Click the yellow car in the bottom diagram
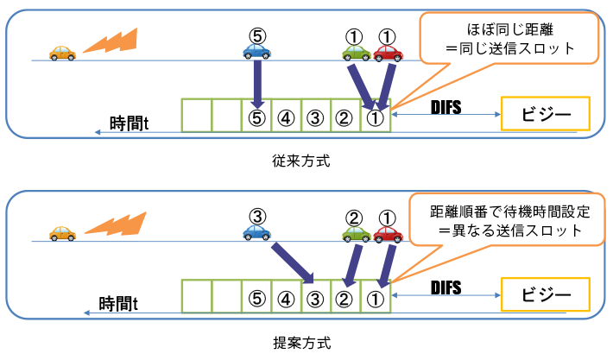(x=62, y=232)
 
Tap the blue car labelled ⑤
(x=256, y=51)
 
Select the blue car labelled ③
(x=256, y=232)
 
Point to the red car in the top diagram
(x=389, y=52)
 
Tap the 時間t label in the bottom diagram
(x=120, y=303)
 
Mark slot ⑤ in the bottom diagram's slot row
(x=256, y=298)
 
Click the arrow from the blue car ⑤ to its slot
(x=256, y=83)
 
